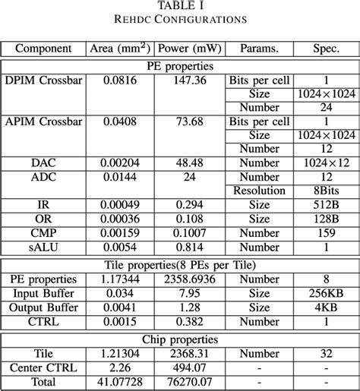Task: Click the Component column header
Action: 44,49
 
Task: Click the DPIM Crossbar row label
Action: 43,80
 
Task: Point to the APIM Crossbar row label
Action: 43,121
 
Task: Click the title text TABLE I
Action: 180,5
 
